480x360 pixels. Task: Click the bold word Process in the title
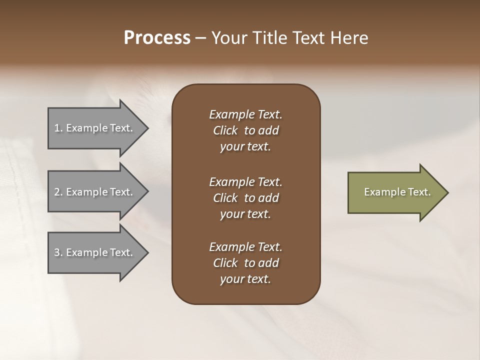(x=157, y=38)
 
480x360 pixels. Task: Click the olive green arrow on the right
(x=395, y=192)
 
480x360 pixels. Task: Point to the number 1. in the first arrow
(x=58, y=128)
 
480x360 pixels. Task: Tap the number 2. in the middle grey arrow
(x=58, y=192)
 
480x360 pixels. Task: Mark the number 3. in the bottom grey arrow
(x=58, y=252)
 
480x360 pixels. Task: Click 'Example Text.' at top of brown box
(x=245, y=114)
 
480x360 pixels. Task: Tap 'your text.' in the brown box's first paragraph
(x=245, y=147)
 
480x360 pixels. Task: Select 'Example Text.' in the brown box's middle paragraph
(x=245, y=181)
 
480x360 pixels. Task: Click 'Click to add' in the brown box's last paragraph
(x=245, y=263)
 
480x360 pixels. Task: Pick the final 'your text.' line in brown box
(x=245, y=279)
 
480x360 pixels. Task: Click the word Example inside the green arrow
(x=379, y=192)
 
